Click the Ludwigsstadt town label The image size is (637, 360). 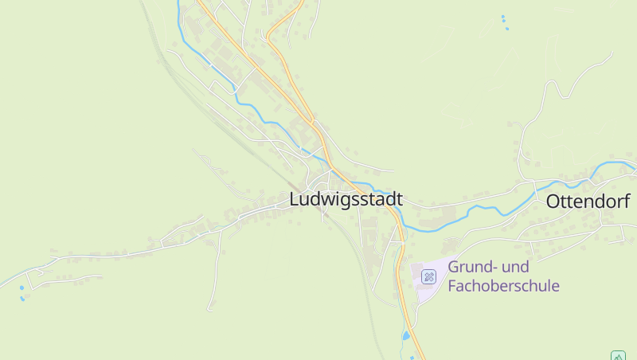coord(346,199)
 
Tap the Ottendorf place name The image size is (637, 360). coord(588,202)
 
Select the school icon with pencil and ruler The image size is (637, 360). coord(428,276)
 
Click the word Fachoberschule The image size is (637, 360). coord(503,286)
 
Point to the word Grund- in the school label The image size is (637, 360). coord(471,267)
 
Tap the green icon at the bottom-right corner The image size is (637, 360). coord(618,355)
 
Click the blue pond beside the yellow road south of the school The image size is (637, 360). coord(406,335)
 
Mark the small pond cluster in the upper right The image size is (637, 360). coord(504,22)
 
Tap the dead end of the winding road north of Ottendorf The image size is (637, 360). coord(612,53)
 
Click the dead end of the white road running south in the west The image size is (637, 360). coord(209,308)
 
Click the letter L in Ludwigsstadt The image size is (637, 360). coord(295,199)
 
